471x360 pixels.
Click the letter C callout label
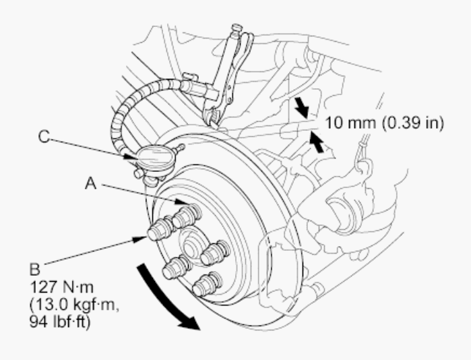[x=44, y=136]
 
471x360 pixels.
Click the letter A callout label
[x=91, y=183]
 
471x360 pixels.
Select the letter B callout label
[x=35, y=269]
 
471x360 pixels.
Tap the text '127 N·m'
[x=61, y=287]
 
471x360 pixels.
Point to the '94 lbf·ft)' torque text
[x=60, y=322]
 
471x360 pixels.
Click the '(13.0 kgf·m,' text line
[x=75, y=305]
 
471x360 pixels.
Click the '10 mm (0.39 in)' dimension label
[x=385, y=123]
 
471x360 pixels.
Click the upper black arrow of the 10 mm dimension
[x=301, y=107]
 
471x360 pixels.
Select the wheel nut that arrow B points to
[x=160, y=229]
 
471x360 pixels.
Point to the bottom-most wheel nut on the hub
[x=207, y=284]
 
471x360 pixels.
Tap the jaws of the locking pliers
[x=212, y=116]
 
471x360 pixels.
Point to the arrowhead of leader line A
[x=182, y=202]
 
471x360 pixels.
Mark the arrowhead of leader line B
[x=140, y=239]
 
